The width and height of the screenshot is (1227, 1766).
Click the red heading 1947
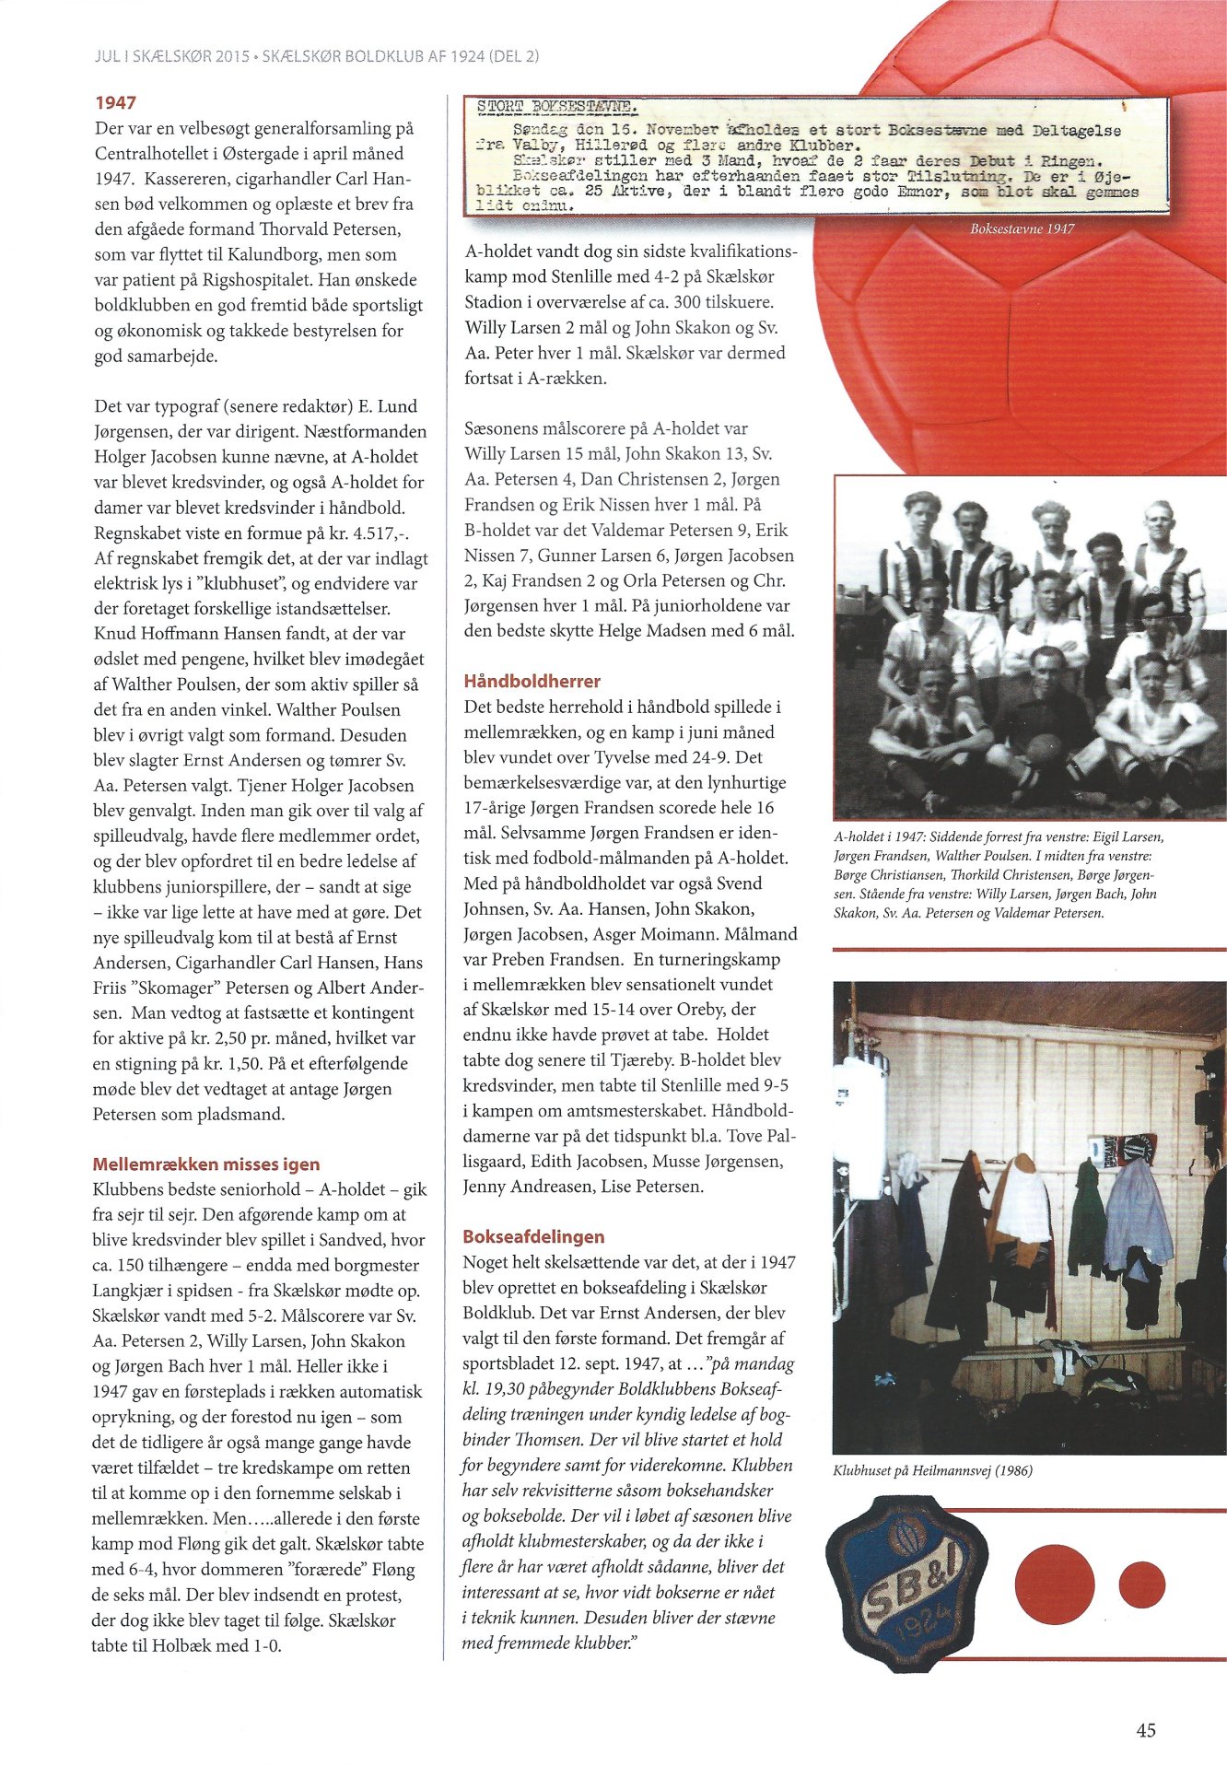pos(115,103)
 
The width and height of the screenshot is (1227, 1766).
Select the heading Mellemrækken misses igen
pos(206,1164)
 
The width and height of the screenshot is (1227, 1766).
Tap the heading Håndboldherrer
pos(532,682)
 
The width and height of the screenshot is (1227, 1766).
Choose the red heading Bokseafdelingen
pos(533,1236)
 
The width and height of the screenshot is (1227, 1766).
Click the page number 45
pos(1145,1730)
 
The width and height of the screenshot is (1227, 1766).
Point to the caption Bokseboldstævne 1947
pos(1022,228)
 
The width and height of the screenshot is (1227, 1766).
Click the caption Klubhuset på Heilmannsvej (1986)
pos(932,1471)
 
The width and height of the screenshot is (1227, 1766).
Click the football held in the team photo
pos(1045,750)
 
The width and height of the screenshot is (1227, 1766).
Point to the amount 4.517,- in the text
pos(375,533)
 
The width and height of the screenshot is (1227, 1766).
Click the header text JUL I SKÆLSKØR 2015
pos(172,56)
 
